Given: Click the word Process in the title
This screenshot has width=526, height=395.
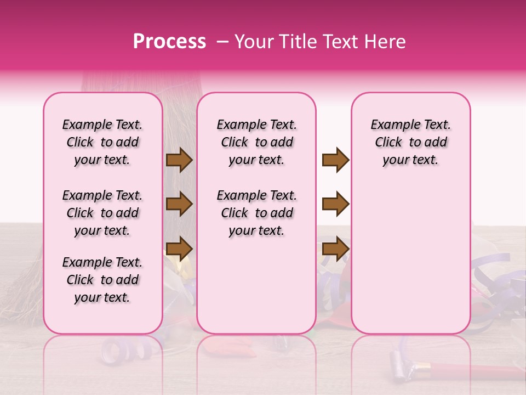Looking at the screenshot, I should click(x=169, y=42).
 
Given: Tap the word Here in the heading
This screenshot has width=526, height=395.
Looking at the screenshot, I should click(x=385, y=42).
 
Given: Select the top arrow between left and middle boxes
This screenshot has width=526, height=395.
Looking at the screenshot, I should click(x=179, y=160).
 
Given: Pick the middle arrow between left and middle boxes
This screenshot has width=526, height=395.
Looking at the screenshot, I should click(x=179, y=204).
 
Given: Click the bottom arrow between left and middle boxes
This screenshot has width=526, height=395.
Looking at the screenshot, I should click(x=179, y=248).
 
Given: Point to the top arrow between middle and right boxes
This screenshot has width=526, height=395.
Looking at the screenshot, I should click(x=335, y=160).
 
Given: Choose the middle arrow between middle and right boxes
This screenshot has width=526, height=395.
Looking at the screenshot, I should click(x=335, y=204).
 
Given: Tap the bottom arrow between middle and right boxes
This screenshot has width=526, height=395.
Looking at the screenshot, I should click(x=335, y=248).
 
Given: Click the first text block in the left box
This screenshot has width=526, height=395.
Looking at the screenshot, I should click(x=102, y=142).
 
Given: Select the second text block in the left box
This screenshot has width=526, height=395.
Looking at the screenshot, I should click(x=102, y=213).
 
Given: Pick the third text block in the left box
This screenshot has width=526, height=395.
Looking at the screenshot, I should click(x=102, y=280).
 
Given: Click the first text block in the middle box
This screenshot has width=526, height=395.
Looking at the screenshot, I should click(x=256, y=142).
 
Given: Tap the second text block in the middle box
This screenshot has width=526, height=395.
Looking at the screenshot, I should click(x=256, y=213).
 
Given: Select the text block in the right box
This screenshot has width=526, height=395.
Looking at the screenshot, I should click(x=410, y=142).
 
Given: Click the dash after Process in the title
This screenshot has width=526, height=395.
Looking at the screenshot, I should click(x=222, y=42).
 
